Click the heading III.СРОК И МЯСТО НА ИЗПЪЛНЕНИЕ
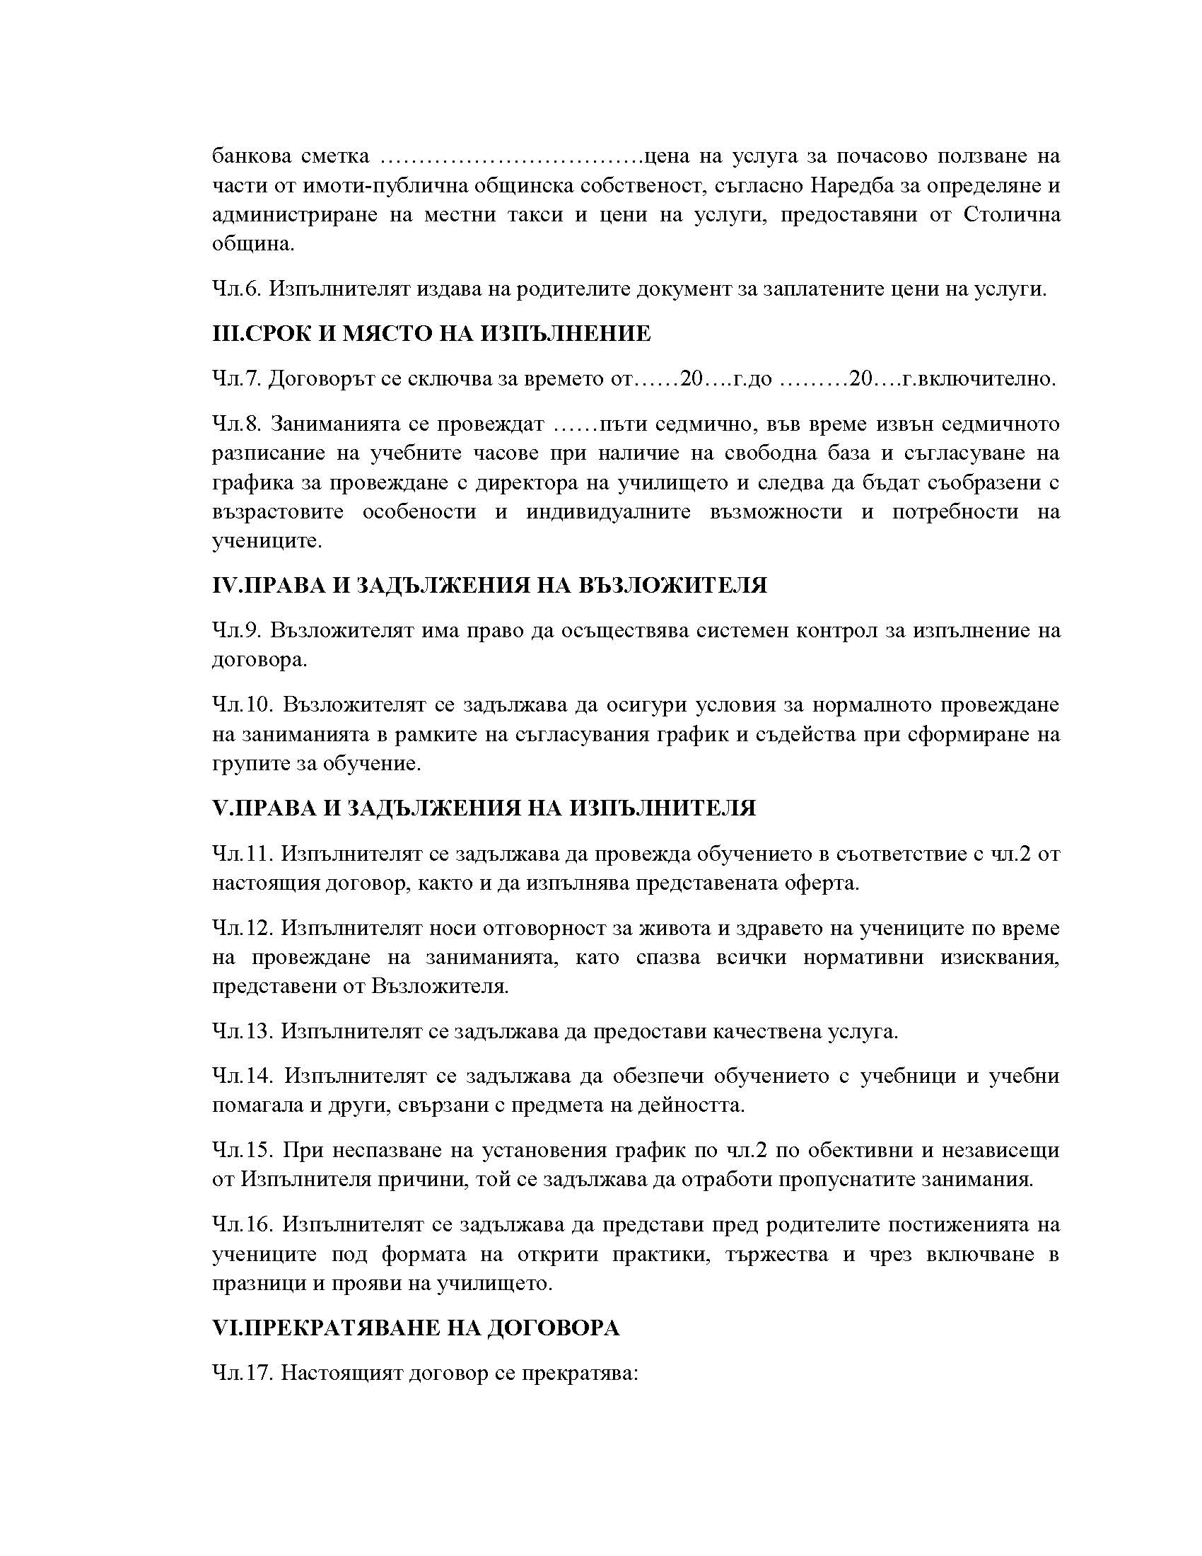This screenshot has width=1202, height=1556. [x=431, y=333]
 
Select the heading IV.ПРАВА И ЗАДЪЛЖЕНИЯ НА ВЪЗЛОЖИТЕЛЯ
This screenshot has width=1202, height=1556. [x=490, y=585]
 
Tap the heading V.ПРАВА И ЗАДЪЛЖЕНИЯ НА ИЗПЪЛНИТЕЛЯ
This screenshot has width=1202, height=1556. [x=484, y=808]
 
